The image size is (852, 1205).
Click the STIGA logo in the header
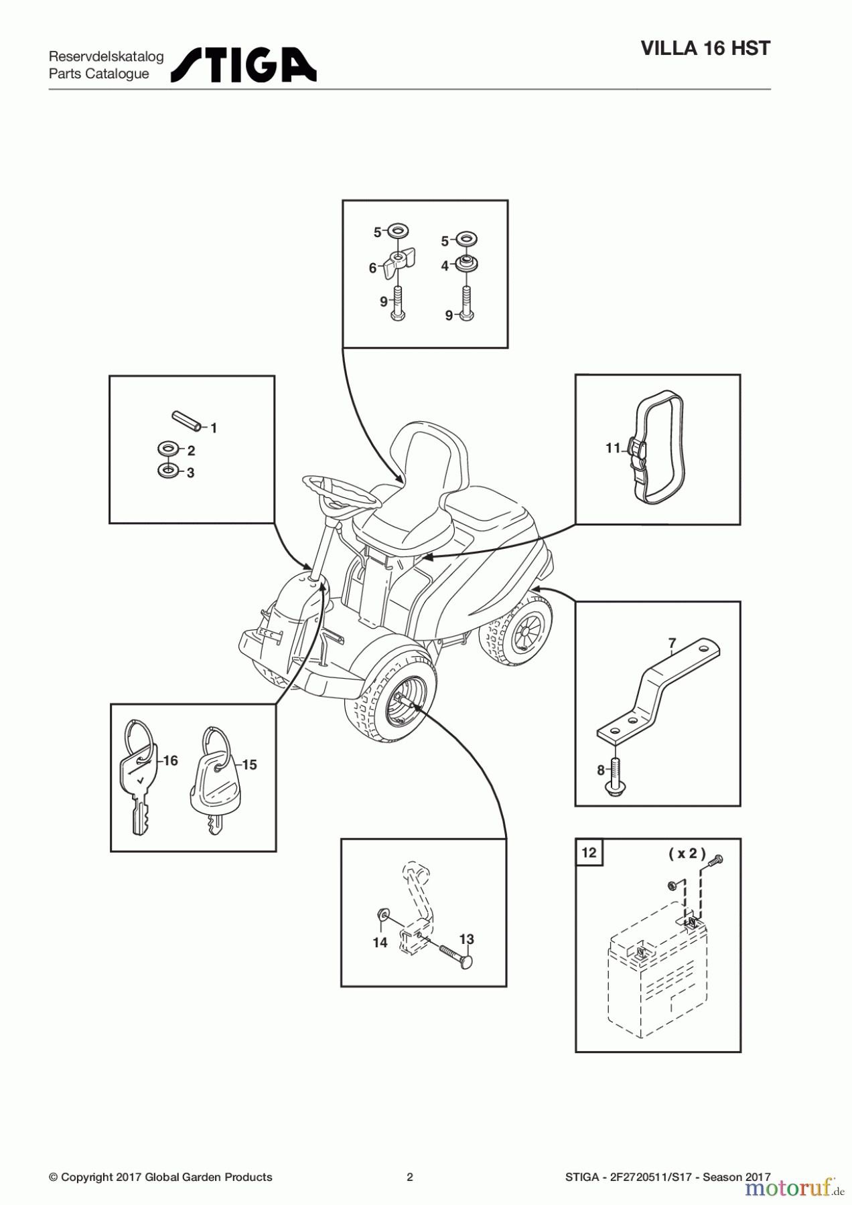(x=244, y=65)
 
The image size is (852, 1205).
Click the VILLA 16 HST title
(x=705, y=48)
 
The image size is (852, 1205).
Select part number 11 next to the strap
(x=613, y=448)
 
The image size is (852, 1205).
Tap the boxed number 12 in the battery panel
(x=589, y=852)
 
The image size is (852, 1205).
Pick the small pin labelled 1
(x=186, y=422)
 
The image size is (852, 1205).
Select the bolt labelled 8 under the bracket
(x=616, y=777)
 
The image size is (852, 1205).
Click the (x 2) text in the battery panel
(x=687, y=853)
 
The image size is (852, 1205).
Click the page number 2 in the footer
(x=410, y=1177)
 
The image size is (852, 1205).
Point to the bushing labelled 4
(x=466, y=263)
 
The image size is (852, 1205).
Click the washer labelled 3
(x=168, y=471)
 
